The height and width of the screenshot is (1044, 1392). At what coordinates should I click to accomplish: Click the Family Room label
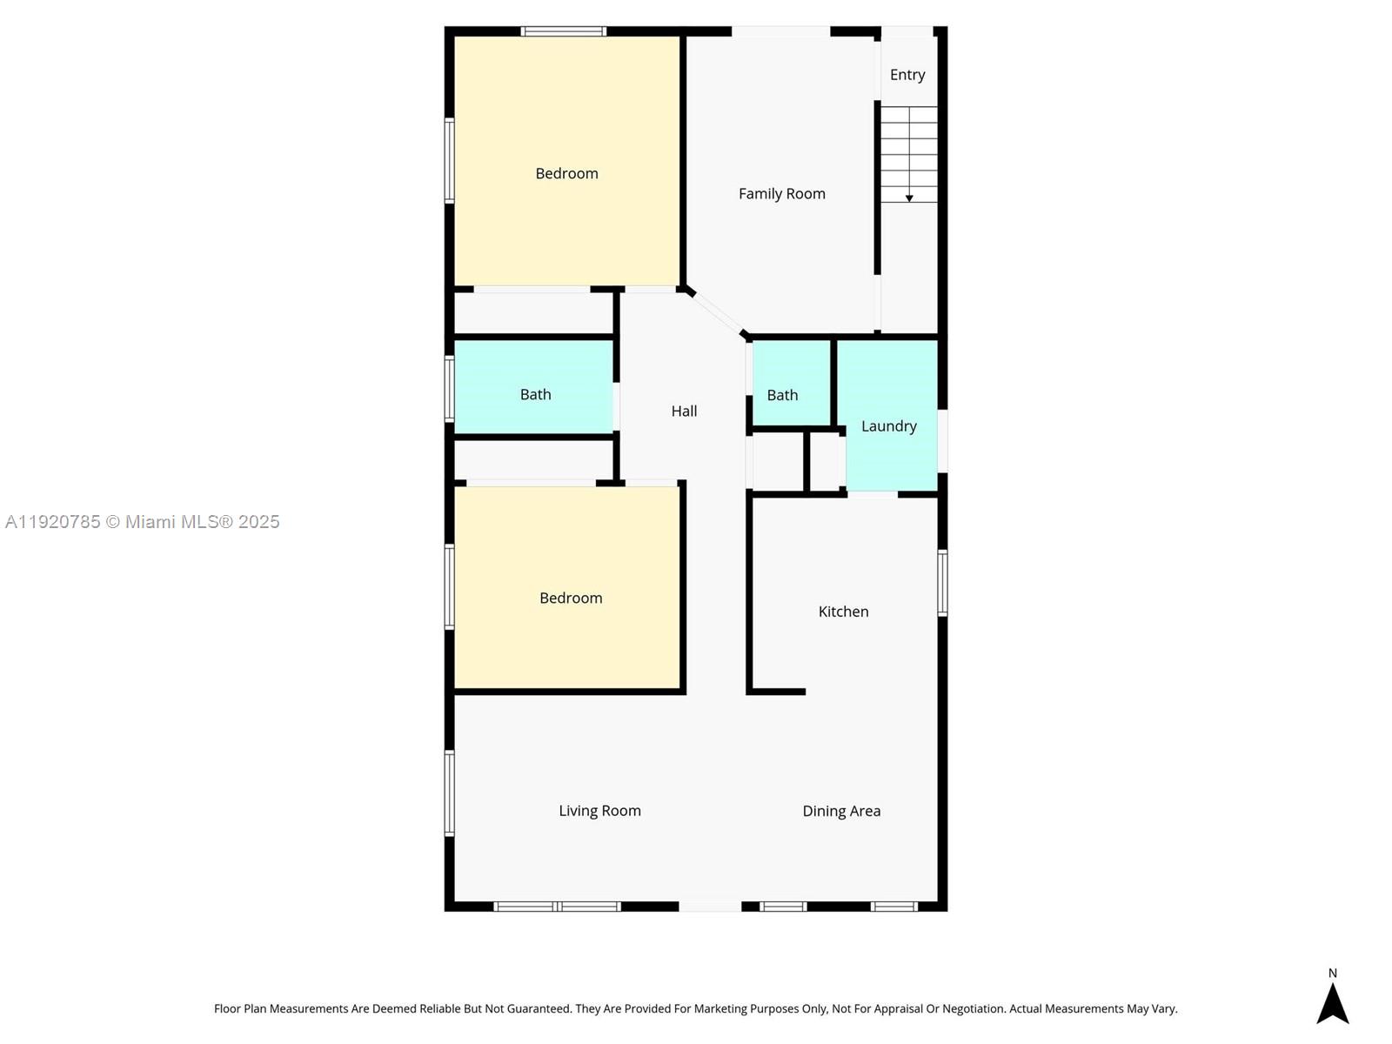click(x=781, y=194)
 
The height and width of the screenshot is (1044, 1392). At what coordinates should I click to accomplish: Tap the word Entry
click(x=907, y=75)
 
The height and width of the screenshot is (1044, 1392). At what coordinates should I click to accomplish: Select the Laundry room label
click(x=888, y=426)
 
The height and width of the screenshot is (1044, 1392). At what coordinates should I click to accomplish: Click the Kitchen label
click(x=843, y=612)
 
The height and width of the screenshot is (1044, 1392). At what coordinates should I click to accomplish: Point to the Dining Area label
click(x=840, y=811)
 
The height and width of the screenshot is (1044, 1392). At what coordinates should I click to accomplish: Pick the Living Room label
click(x=599, y=811)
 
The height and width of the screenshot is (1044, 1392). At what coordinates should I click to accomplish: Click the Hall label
click(x=684, y=412)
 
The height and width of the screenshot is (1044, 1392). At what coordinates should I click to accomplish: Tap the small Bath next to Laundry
click(x=782, y=395)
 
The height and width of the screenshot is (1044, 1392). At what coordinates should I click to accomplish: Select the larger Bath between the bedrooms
click(x=535, y=394)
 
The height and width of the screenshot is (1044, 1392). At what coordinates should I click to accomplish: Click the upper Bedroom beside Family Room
click(x=566, y=174)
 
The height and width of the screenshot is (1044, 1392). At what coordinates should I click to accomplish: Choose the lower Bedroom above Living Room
click(x=570, y=598)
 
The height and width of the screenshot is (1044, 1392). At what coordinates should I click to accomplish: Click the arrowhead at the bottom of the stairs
click(x=909, y=198)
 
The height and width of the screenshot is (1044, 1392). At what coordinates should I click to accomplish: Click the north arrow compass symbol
click(x=1332, y=1004)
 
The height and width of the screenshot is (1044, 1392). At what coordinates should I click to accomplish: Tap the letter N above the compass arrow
click(x=1332, y=974)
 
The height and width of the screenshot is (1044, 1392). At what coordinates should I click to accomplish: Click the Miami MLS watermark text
click(x=143, y=522)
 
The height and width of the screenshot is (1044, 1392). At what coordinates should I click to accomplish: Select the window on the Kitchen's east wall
click(x=942, y=583)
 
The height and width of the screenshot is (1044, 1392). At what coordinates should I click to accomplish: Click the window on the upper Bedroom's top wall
click(x=563, y=31)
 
